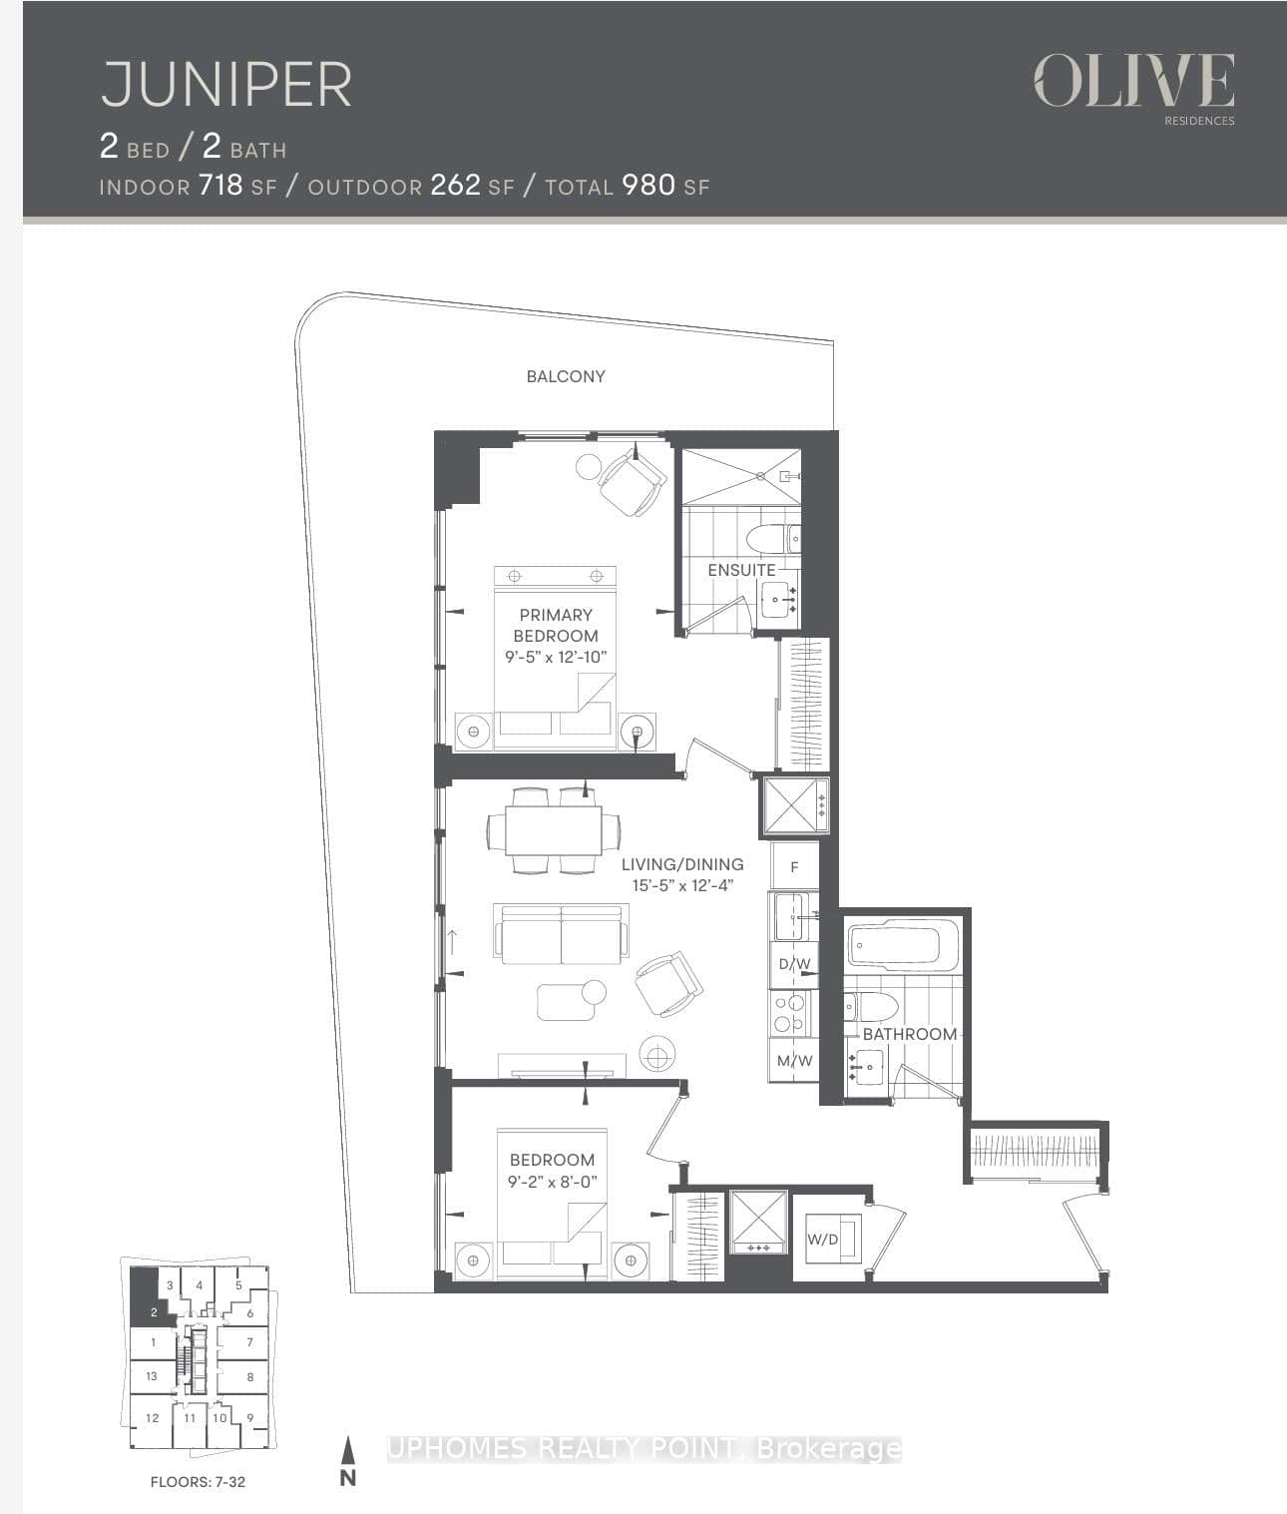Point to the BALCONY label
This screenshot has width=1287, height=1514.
566,376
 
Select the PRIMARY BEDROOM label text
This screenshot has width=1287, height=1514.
556,625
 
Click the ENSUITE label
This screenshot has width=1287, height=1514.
741,570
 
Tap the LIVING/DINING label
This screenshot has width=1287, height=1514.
682,864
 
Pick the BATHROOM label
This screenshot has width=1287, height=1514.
909,1034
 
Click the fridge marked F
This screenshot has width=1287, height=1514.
794,866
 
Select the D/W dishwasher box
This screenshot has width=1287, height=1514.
794,964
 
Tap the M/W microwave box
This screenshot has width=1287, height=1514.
794,1060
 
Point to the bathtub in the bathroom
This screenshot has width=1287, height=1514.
902,944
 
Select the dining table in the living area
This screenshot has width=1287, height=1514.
554,830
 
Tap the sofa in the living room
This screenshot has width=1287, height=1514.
561,934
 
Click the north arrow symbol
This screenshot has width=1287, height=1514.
347,1461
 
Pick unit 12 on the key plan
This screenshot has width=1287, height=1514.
152,1417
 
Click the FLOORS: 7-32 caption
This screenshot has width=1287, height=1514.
198,1482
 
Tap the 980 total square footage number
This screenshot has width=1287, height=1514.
648,185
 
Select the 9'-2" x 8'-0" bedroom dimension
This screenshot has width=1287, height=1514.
552,1182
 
